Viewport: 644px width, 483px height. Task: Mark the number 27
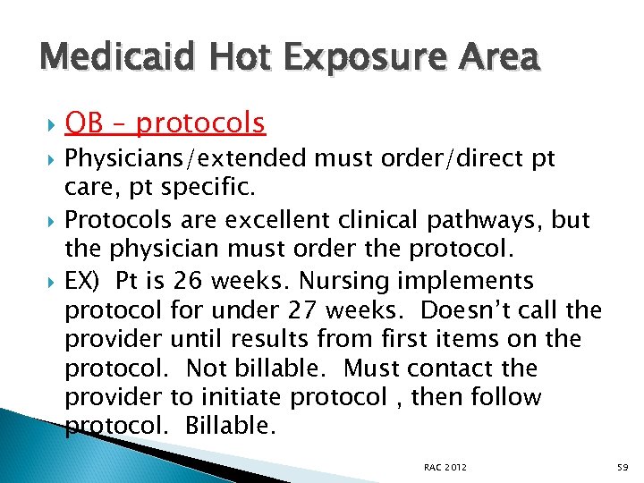pos(300,310)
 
